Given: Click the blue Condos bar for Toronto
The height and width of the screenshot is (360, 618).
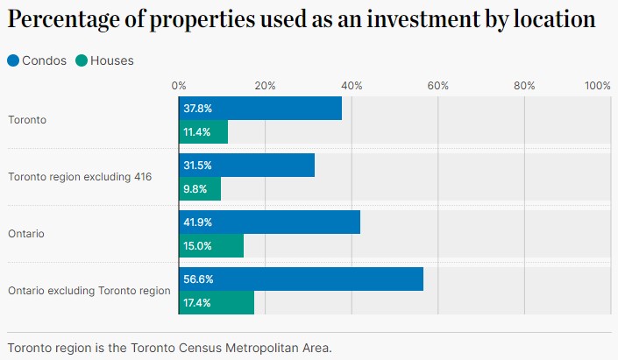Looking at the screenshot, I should pyautogui.click(x=260, y=109).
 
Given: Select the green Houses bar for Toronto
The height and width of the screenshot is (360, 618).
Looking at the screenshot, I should pyautogui.click(x=203, y=132).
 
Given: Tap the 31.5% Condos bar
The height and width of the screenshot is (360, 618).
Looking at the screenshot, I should pyautogui.click(x=246, y=166).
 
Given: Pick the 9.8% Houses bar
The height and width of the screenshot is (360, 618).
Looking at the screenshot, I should pyautogui.click(x=200, y=189).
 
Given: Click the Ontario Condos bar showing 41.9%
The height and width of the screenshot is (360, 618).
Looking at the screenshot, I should pyautogui.click(x=269, y=222).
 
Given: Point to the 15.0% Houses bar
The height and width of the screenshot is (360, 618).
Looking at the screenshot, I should pyautogui.click(x=211, y=246).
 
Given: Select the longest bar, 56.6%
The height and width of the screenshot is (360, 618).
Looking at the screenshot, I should pyautogui.click(x=301, y=279).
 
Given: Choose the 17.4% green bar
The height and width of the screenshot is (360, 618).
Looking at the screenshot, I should pyautogui.click(x=217, y=303).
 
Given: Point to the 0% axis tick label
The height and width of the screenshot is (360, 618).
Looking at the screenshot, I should pyautogui.click(x=179, y=86).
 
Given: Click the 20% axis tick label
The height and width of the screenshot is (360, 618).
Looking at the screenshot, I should pyautogui.click(x=265, y=86).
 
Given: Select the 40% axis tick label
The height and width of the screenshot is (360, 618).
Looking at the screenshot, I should pyautogui.click(x=352, y=86).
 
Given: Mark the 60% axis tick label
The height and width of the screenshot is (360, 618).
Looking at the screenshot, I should pyautogui.click(x=437, y=86).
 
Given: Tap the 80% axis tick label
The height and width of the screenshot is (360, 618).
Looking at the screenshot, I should pyautogui.click(x=524, y=86).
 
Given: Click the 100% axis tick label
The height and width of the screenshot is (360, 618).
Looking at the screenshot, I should pyautogui.click(x=598, y=86).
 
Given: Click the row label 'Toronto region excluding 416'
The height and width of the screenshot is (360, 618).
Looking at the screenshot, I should pyautogui.click(x=80, y=177).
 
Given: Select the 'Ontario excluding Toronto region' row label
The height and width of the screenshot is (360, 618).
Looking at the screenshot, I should pyautogui.click(x=89, y=291).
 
